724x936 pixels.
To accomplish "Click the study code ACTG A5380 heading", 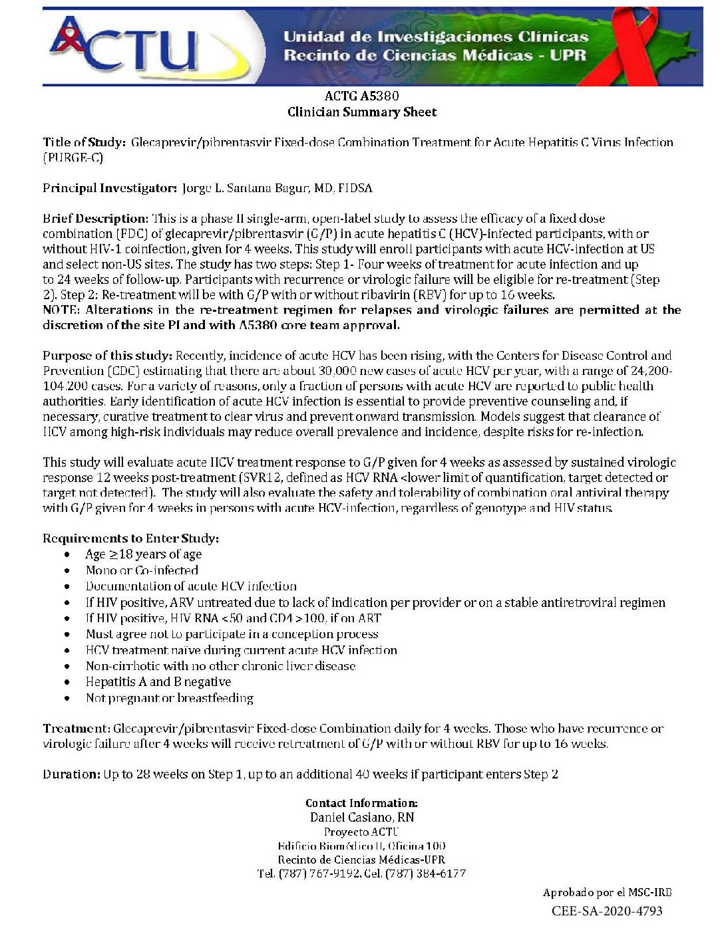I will [x=361, y=96].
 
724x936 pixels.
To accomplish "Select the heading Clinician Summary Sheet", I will [x=361, y=112].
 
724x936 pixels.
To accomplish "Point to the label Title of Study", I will [x=84, y=142].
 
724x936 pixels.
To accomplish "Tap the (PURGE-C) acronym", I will [x=73, y=158].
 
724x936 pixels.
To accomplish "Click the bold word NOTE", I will [x=61, y=310].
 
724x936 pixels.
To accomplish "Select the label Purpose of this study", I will [x=107, y=356].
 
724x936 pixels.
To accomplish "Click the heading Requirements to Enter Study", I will [x=130, y=538].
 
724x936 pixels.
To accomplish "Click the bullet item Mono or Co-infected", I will [x=142, y=570].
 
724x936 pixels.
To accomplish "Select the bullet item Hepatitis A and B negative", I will [x=158, y=682].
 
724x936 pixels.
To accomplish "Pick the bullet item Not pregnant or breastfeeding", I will [x=170, y=698].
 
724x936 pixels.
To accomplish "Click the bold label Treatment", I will [x=76, y=729].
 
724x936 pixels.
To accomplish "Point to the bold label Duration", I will [x=71, y=774].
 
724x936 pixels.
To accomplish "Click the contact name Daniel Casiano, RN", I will [x=361, y=818].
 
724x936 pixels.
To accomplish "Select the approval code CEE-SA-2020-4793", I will [x=607, y=911].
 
